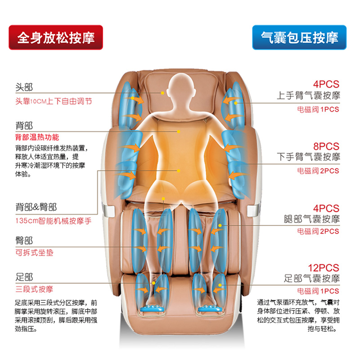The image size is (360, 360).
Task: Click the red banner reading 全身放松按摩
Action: point(56,37)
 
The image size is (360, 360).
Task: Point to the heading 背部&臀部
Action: point(36,207)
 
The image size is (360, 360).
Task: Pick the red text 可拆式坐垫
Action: point(34,252)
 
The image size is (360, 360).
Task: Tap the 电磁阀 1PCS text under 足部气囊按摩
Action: point(318,291)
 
